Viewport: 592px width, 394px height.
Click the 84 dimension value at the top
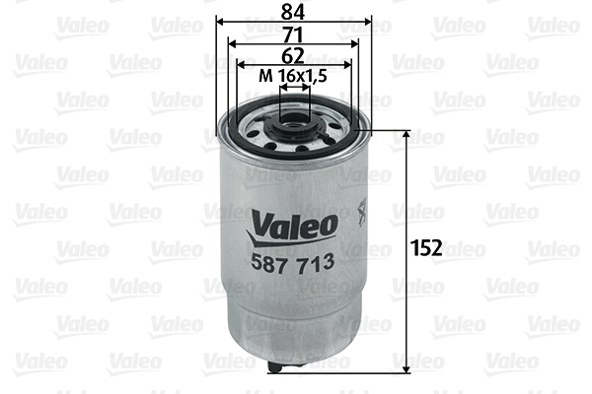point(294,11)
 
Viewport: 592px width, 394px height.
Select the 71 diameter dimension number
point(294,34)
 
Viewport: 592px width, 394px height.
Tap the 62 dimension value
point(294,57)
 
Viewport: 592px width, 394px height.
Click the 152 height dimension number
point(427,246)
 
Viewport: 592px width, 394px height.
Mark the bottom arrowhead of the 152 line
point(407,369)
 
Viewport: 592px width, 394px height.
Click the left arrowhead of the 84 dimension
point(220,20)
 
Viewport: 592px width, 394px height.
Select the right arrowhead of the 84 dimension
point(370,20)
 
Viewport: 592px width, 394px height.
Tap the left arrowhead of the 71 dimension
point(231,43)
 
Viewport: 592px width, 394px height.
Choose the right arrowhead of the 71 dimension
point(358,43)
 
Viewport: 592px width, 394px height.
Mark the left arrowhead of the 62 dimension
point(239,66)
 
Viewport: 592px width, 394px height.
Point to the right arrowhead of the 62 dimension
point(349,66)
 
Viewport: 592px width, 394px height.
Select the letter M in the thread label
point(263,77)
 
